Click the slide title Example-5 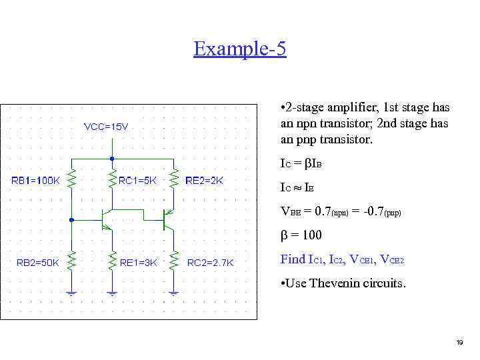240,49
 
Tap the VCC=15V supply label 106,127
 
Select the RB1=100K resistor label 36,180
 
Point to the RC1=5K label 138,180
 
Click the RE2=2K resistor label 205,180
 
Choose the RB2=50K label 37,262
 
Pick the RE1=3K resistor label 138,262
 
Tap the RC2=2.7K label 211,262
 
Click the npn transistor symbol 107,219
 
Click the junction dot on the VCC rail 112,159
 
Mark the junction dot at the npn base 71,219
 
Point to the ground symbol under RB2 71,291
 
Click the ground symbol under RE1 112,291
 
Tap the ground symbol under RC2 173,291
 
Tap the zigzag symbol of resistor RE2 173,179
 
